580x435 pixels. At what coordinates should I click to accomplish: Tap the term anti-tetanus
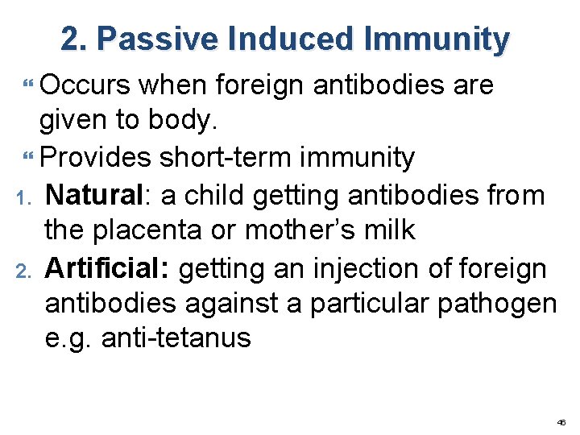click(177, 338)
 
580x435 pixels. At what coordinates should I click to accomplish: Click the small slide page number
click(561, 421)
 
